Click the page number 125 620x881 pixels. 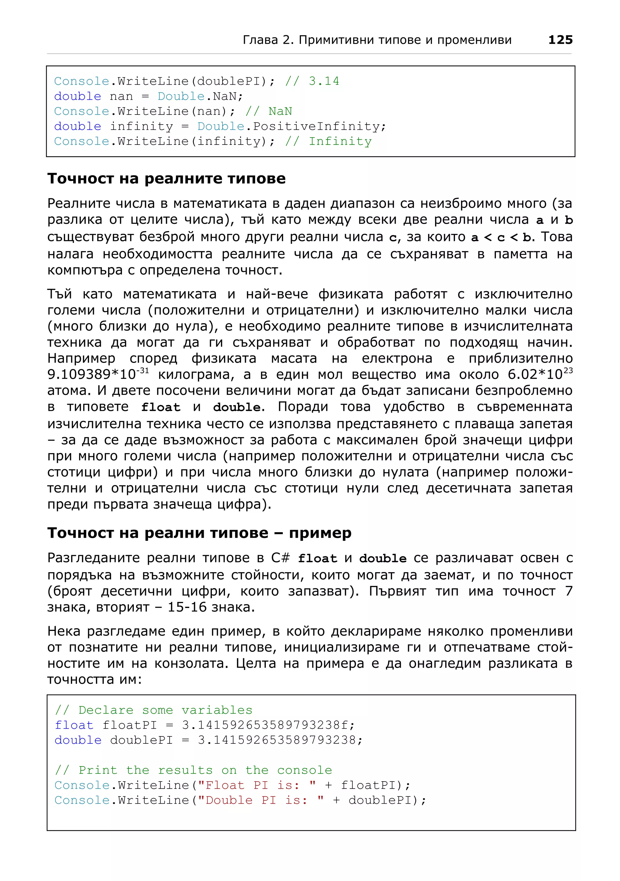point(560,40)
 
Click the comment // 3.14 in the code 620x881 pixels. point(312,81)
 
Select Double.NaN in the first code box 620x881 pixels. point(200,96)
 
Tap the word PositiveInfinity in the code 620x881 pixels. point(316,126)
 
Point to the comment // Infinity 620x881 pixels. point(328,141)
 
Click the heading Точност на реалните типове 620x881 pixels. point(166,179)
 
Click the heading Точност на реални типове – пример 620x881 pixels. point(199,533)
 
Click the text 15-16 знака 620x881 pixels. point(211,607)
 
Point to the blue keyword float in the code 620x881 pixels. point(74,725)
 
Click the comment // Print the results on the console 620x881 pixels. point(193,770)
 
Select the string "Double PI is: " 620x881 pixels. point(262,800)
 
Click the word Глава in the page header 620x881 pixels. point(260,40)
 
